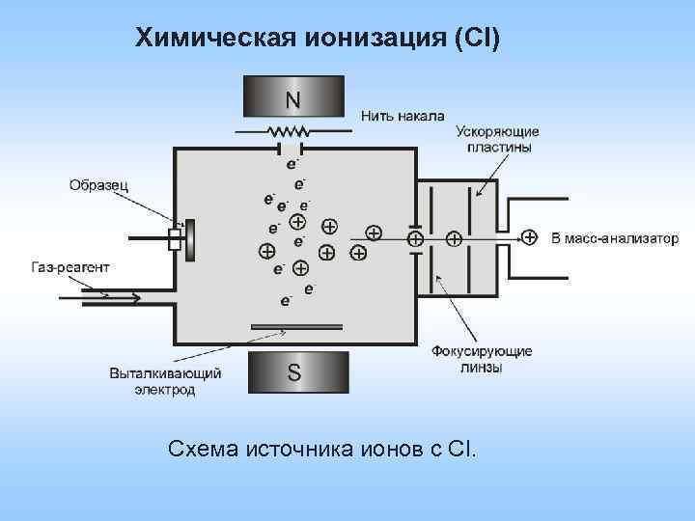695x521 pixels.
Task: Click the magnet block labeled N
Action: tap(292, 97)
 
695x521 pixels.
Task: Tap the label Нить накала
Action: tap(403, 116)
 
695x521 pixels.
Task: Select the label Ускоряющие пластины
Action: tap(497, 140)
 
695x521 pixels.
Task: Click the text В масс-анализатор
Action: tap(615, 238)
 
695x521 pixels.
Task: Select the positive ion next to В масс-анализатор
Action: tap(529, 236)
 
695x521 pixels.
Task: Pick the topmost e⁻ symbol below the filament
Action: tap(292, 163)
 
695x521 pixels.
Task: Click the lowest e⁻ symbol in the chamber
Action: tap(286, 301)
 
